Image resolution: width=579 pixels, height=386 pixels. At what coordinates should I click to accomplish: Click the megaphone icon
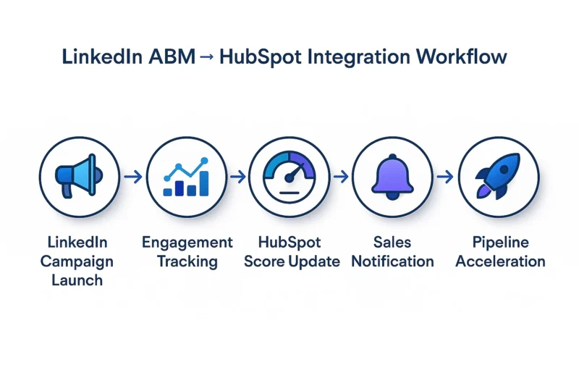pyautogui.click(x=79, y=176)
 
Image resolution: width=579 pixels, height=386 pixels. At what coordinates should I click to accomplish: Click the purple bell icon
pyautogui.click(x=392, y=177)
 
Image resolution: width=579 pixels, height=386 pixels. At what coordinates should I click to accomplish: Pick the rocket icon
pyautogui.click(x=498, y=176)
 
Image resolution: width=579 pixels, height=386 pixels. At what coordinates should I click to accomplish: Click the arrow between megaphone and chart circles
pyautogui.click(x=133, y=177)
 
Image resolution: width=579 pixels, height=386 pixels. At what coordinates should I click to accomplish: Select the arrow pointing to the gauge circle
pyautogui.click(x=238, y=177)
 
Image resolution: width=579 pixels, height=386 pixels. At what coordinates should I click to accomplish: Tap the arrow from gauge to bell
pyautogui.click(x=340, y=177)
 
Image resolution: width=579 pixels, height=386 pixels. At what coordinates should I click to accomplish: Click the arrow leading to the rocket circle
pyautogui.click(x=445, y=177)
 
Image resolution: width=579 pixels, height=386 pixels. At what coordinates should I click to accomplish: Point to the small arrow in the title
pyautogui.click(x=207, y=57)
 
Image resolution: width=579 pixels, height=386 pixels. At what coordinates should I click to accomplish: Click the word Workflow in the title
pyautogui.click(x=461, y=57)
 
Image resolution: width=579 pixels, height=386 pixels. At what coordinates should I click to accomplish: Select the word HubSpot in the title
pyautogui.click(x=260, y=58)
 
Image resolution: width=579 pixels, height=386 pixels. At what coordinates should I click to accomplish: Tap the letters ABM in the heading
pyautogui.click(x=172, y=57)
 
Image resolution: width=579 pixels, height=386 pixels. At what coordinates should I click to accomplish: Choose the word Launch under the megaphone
pyautogui.click(x=77, y=280)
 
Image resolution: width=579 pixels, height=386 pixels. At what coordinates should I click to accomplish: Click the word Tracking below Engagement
pyautogui.click(x=187, y=262)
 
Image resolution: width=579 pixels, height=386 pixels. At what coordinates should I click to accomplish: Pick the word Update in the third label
pyautogui.click(x=314, y=262)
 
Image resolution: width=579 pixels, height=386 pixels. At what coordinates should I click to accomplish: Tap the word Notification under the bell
pyautogui.click(x=392, y=261)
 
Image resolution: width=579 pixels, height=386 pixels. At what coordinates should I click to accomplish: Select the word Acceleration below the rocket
pyautogui.click(x=500, y=261)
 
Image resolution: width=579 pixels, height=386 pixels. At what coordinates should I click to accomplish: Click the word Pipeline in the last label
pyautogui.click(x=501, y=243)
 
